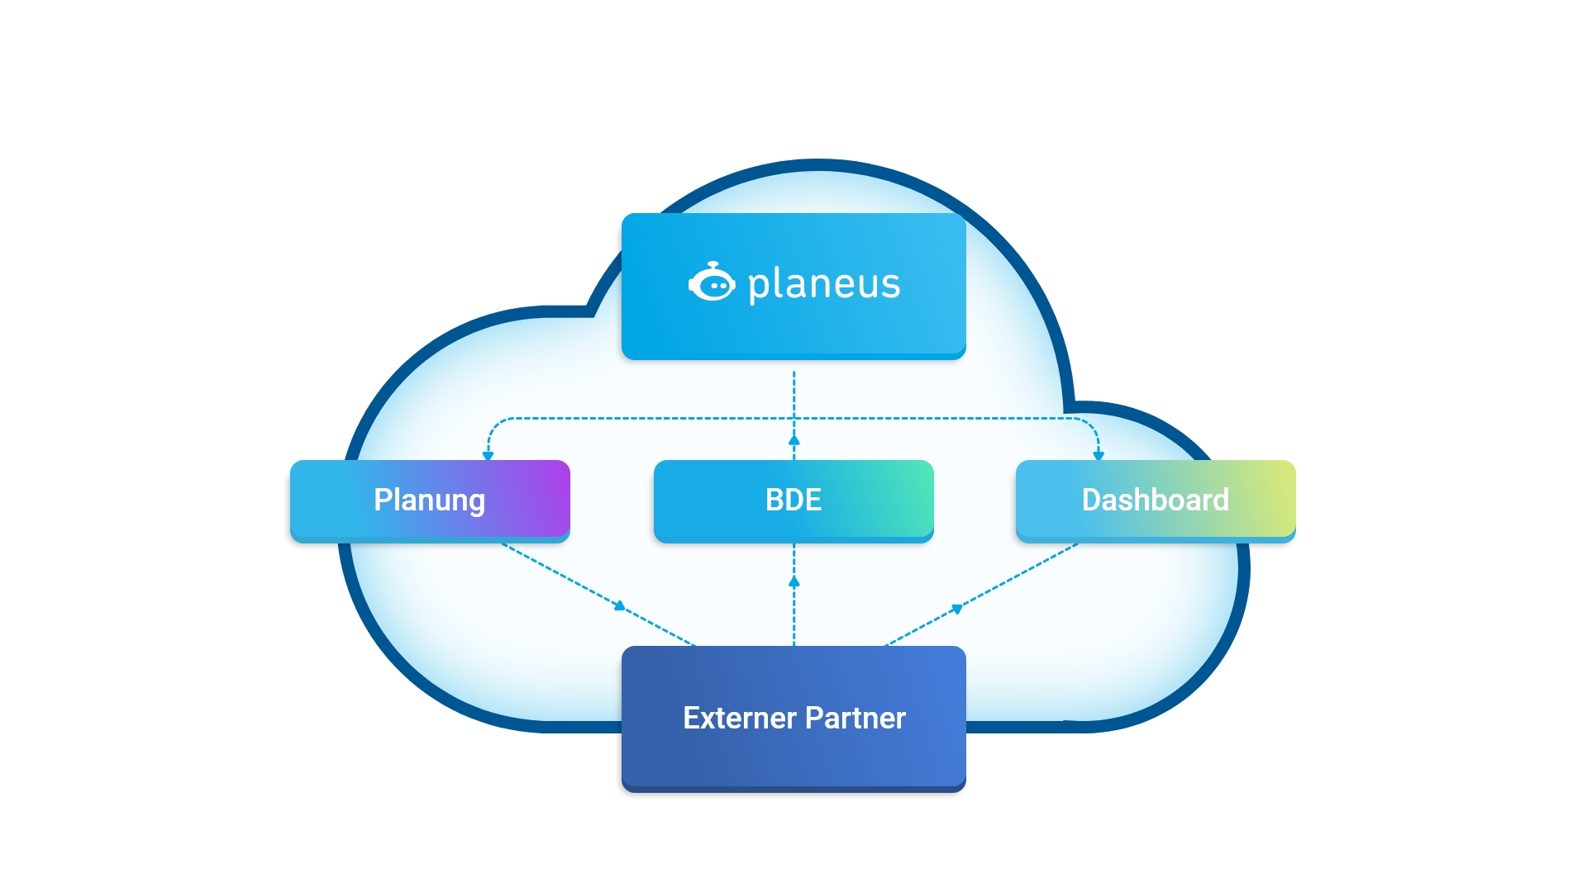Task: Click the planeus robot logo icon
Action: tap(712, 283)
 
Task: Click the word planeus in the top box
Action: tap(824, 285)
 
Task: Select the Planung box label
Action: tap(429, 501)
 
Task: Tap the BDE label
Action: tap(793, 501)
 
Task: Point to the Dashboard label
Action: tap(1155, 501)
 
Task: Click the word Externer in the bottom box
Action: tap(739, 719)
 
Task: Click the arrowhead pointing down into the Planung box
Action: tap(488, 455)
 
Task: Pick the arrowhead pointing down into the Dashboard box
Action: tap(1099, 455)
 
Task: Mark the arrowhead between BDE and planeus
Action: tap(794, 440)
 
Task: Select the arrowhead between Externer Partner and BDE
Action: tap(794, 581)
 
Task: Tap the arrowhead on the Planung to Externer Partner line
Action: tap(620, 606)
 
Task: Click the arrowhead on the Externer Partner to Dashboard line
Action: tap(957, 609)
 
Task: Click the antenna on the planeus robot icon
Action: tap(713, 264)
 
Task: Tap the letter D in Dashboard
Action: tap(1092, 501)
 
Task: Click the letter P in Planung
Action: tap(383, 500)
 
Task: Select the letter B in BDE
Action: tap(774, 501)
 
